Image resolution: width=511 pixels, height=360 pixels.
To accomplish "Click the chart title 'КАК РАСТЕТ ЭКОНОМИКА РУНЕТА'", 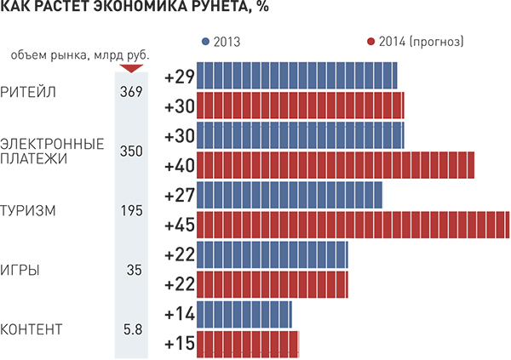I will point(128,10).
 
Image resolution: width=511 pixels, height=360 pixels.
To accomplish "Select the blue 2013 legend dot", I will point(205,42).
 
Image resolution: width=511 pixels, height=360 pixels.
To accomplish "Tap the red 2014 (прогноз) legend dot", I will point(369,42).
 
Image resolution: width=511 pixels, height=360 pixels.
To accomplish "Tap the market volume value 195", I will point(131,211).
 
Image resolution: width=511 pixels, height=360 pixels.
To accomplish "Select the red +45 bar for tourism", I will point(353,226).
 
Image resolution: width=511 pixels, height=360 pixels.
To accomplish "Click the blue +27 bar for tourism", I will point(290,196).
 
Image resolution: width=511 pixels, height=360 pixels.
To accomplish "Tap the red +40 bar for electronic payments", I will point(336,165).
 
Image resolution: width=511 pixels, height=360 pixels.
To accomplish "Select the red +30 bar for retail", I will point(301,106).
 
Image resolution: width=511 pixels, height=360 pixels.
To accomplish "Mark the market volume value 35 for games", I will point(134,271).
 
